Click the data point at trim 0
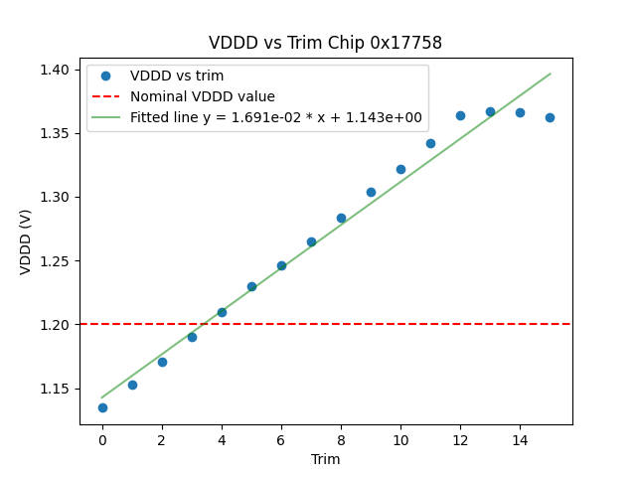pos(102,407)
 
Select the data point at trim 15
pos(550,117)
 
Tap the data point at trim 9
pos(371,192)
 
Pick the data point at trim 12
pos(460,115)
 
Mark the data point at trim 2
pos(162,362)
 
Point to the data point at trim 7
pos(311,241)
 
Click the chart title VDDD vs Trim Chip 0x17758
pos(325,43)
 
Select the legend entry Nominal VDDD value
pos(203,96)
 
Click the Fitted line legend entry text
pos(276,117)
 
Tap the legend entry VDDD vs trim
pos(177,76)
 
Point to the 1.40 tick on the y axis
pos(55,70)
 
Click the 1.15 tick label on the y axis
pos(55,389)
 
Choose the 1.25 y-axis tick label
pos(55,261)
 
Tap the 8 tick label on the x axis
pos(341,439)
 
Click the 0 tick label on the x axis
pos(102,439)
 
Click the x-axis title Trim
pos(325,459)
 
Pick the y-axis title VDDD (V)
pos(26,240)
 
